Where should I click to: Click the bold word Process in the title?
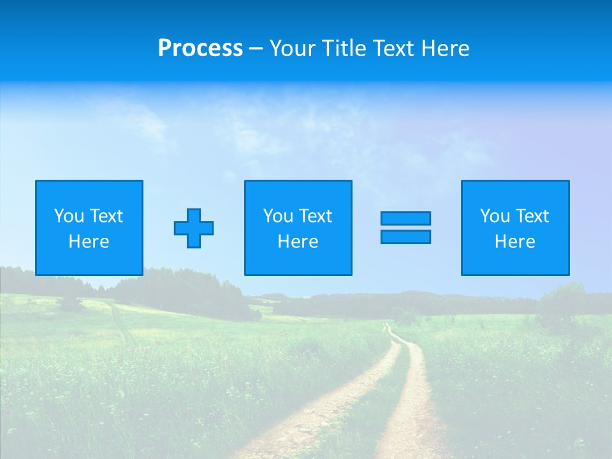pyautogui.click(x=200, y=48)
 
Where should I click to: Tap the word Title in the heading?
pyautogui.click(x=345, y=48)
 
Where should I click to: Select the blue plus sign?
pyautogui.click(x=194, y=228)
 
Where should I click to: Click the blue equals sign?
pyautogui.click(x=405, y=228)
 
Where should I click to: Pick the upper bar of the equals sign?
pyautogui.click(x=405, y=219)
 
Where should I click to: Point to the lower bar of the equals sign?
pyautogui.click(x=405, y=237)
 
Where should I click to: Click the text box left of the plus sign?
pyautogui.click(x=89, y=228)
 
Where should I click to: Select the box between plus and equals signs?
pyautogui.click(x=298, y=228)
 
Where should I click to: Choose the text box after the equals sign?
pyautogui.click(x=515, y=228)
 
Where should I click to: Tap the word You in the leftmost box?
pyautogui.click(x=69, y=216)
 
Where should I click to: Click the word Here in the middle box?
pyautogui.click(x=298, y=242)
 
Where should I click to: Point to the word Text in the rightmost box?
pyautogui.click(x=532, y=216)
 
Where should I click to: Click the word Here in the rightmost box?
pyautogui.click(x=515, y=242)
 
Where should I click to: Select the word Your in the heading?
pyautogui.click(x=293, y=48)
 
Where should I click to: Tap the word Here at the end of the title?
pyautogui.click(x=445, y=48)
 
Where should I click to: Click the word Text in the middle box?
pyautogui.click(x=315, y=216)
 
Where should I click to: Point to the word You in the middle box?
pyautogui.click(x=278, y=216)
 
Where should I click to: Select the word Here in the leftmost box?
pyautogui.click(x=89, y=242)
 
